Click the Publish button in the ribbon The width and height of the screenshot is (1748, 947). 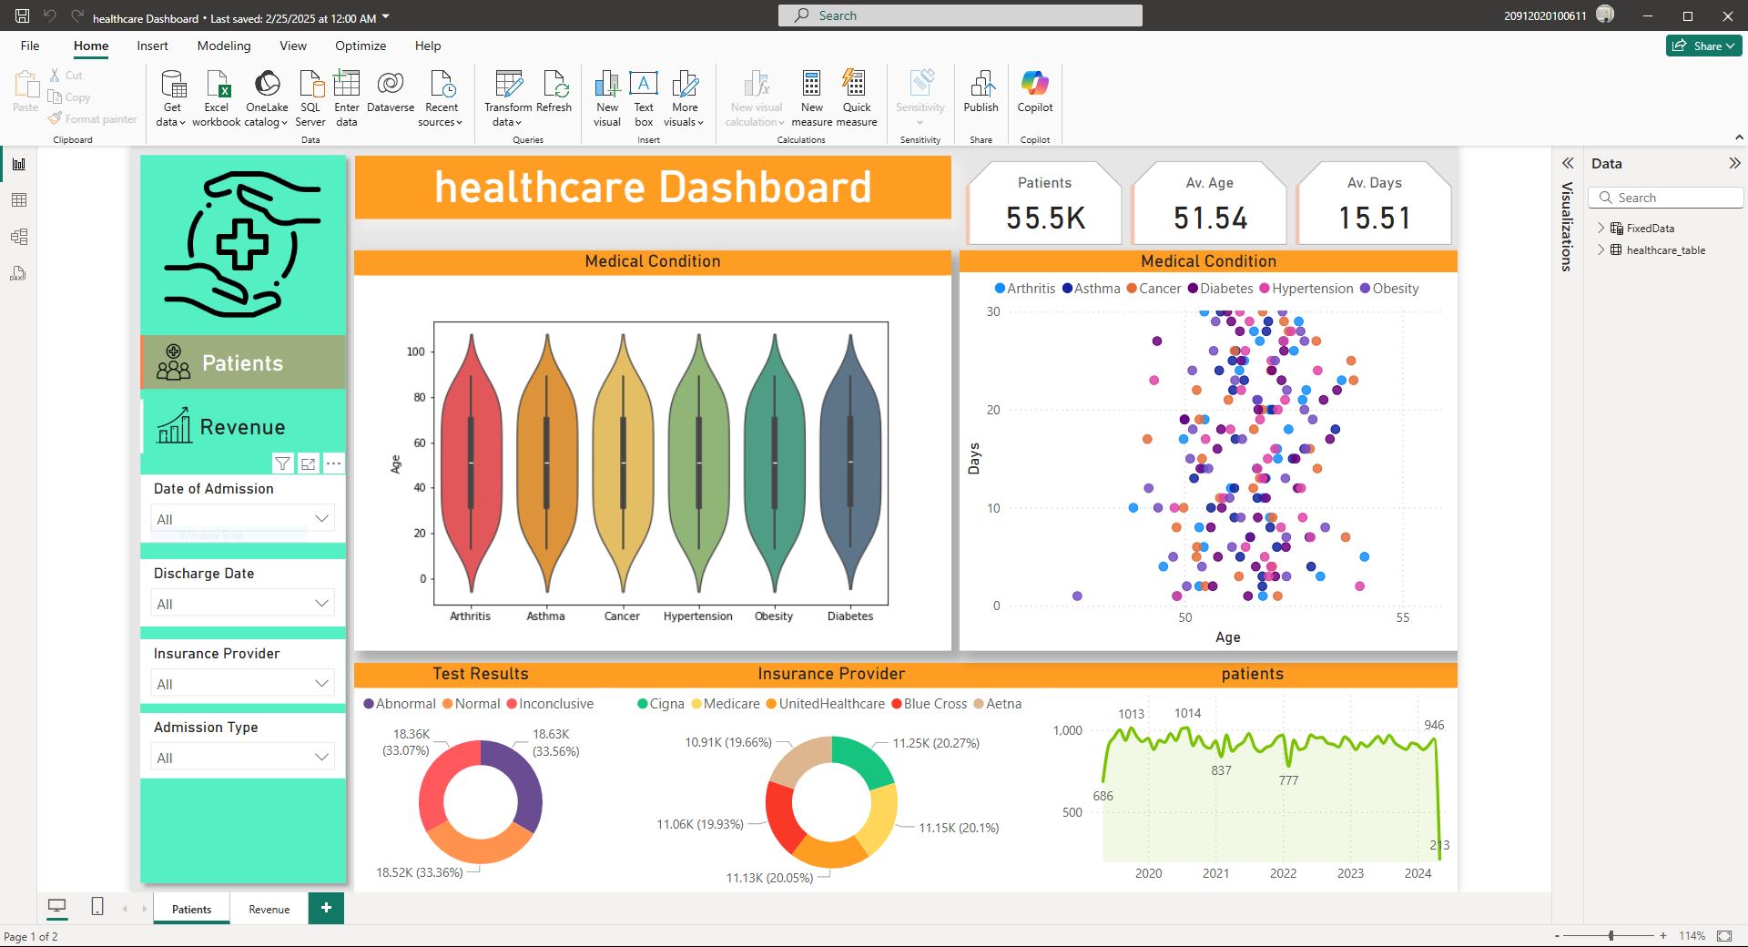click(x=981, y=91)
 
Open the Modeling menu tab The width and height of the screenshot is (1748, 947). click(x=223, y=46)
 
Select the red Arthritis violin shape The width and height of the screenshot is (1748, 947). click(x=471, y=464)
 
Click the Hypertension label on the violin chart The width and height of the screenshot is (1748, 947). click(x=697, y=616)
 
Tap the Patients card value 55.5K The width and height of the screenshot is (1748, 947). click(x=1045, y=219)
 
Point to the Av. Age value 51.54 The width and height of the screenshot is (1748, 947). click(x=1210, y=219)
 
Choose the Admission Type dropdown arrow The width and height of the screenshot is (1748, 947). click(x=321, y=757)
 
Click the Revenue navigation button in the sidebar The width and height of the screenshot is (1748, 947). click(x=242, y=427)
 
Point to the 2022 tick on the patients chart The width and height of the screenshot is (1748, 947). click(x=1283, y=873)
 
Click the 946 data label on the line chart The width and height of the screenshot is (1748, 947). click(x=1434, y=726)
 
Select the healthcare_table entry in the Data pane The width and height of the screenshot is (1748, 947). click(x=1665, y=250)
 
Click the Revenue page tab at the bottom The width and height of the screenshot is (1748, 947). click(x=269, y=909)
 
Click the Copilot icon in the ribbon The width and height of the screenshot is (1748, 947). click(x=1035, y=91)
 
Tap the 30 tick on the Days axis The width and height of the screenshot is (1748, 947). click(x=993, y=312)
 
